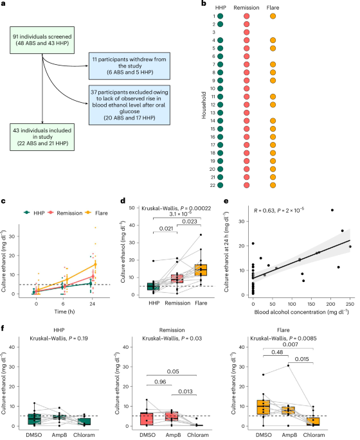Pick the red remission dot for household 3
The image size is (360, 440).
(247, 31)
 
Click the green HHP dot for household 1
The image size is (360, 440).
(221, 15)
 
